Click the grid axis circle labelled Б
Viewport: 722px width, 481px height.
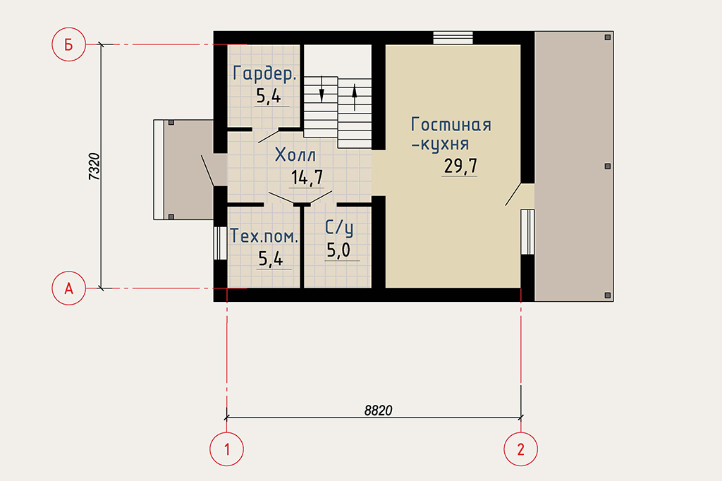68,44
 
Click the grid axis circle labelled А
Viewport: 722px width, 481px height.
68,288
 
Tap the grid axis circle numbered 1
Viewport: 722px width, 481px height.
226,449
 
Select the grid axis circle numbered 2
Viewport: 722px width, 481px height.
521,449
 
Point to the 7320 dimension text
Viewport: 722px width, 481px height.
94,166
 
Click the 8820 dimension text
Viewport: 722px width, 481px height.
378,410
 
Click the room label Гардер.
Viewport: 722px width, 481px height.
264,74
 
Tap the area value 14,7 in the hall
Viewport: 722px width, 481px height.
307,178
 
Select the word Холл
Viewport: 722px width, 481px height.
295,154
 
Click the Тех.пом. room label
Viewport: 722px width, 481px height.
264,236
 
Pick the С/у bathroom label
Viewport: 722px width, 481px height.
339,228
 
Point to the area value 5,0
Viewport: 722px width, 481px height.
338,250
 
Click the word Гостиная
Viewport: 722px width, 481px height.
451,124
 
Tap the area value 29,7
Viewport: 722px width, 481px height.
460,166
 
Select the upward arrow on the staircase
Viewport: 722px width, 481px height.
355,97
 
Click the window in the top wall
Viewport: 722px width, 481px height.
453,38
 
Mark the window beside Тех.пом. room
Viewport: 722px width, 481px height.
220,243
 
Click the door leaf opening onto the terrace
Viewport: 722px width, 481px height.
513,195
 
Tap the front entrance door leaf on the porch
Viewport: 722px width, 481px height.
208,171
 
